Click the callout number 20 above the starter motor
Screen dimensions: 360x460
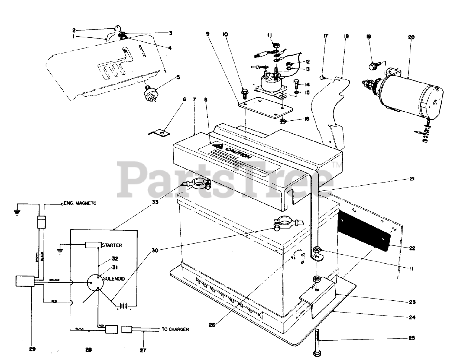coord(411,37)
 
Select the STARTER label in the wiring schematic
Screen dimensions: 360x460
coord(112,245)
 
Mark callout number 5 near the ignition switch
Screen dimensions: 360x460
coord(178,77)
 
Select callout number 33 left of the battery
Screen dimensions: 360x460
coord(155,202)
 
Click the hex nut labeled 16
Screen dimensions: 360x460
coord(283,121)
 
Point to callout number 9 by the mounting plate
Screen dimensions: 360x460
coord(207,34)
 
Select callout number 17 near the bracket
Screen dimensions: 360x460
coord(325,36)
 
